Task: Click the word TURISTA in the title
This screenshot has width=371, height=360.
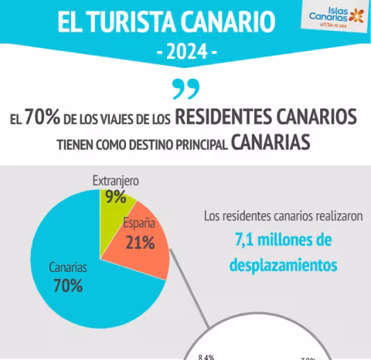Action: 150,22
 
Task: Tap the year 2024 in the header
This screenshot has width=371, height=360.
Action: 185,52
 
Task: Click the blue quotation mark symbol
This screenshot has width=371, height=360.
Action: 185,90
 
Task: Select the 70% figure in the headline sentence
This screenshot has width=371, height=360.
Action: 38,117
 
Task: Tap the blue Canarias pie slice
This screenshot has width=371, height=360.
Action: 85,286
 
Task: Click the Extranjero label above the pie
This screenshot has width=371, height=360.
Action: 115,180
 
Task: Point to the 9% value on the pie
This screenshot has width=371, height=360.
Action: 116,197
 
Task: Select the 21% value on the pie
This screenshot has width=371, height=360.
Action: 140,242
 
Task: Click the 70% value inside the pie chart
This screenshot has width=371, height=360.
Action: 68,286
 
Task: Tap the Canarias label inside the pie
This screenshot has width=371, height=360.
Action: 67,267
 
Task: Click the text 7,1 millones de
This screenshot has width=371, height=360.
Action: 283,240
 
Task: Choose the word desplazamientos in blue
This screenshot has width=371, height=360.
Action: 283,265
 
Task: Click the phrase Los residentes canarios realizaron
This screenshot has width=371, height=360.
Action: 283,216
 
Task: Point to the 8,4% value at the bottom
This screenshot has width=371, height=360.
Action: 206,356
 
